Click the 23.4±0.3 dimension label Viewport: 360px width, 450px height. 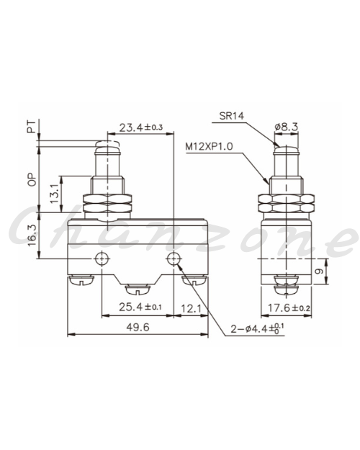click(141, 127)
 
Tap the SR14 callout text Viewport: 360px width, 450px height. click(231, 116)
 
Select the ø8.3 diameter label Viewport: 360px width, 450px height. click(287, 127)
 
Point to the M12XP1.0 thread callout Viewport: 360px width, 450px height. click(209, 146)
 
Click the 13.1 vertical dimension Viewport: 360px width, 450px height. click(55, 194)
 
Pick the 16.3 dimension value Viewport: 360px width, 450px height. click(32, 235)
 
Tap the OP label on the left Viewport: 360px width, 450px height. click(32, 180)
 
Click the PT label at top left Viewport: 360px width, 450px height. click(32, 127)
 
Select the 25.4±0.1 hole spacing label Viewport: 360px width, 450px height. click(140, 307)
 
